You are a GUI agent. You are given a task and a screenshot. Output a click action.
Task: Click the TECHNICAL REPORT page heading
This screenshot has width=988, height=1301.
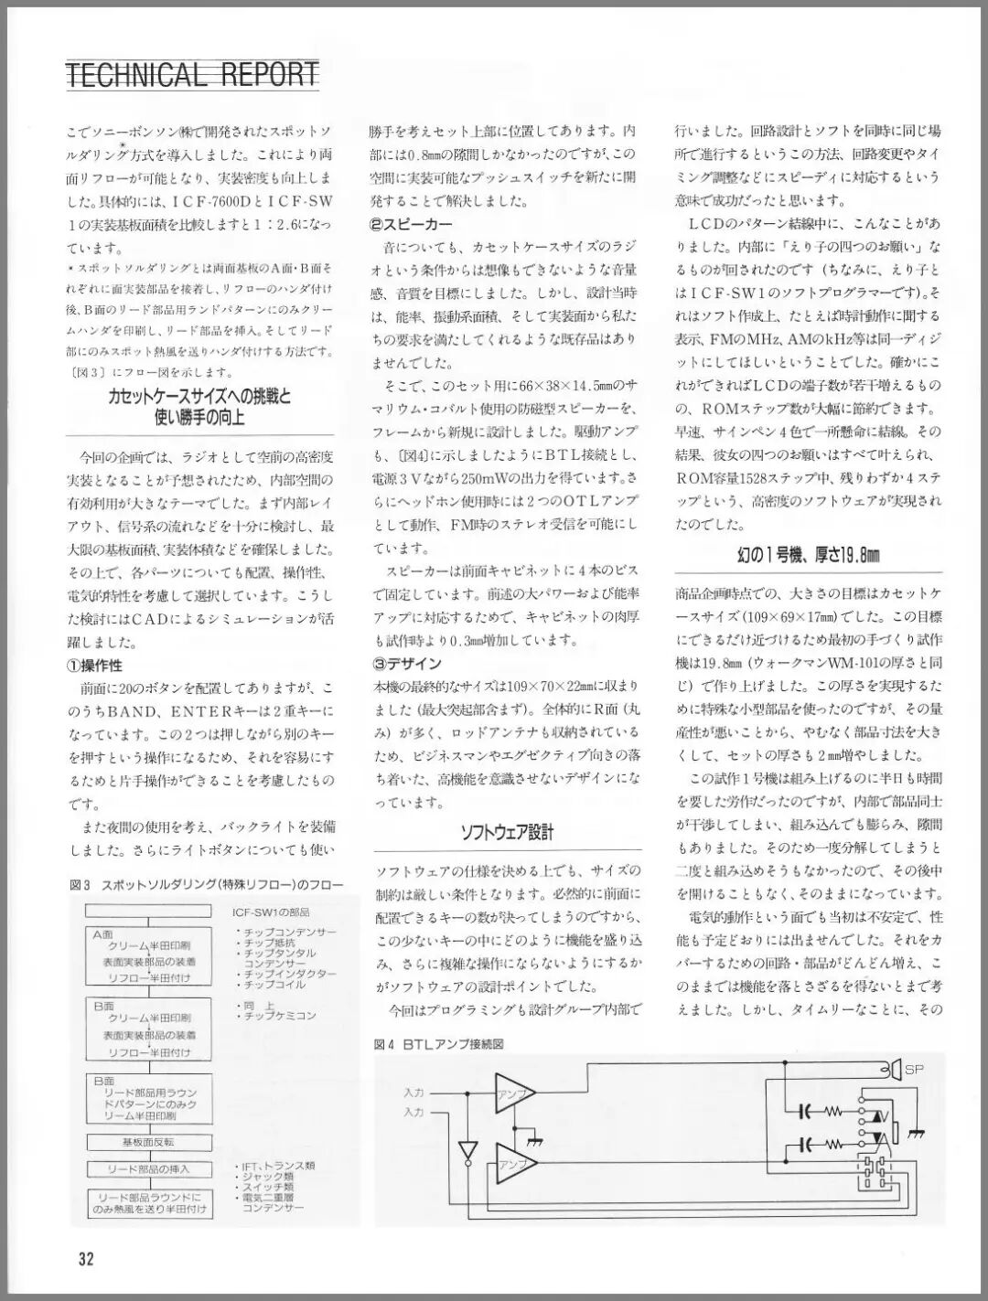(x=192, y=74)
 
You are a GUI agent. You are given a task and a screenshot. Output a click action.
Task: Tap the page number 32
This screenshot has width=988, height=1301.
(x=86, y=1259)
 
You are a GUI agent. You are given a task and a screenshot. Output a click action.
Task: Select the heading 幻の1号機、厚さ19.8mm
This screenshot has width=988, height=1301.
(x=808, y=555)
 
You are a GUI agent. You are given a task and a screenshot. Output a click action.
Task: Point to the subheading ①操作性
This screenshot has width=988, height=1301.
(x=94, y=665)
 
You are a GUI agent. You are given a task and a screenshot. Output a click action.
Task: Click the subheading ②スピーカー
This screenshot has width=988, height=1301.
(x=411, y=224)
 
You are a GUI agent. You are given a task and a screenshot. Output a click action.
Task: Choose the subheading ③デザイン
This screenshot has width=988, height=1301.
(x=407, y=663)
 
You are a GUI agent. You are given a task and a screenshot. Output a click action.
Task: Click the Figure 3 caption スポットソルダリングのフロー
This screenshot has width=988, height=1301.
(x=206, y=885)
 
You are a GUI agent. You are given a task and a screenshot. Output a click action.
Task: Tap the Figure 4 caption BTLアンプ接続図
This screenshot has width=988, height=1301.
(x=439, y=1043)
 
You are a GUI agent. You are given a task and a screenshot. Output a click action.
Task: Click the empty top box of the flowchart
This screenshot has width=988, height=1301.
(x=149, y=912)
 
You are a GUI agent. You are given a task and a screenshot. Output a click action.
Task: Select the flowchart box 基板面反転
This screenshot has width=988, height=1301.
(x=149, y=1142)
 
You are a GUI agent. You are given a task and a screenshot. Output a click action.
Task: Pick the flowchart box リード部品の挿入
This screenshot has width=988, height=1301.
(x=149, y=1169)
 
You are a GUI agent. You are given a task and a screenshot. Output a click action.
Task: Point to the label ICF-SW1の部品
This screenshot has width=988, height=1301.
(x=271, y=912)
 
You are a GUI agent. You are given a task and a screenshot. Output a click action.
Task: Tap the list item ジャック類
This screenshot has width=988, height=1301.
(x=267, y=1176)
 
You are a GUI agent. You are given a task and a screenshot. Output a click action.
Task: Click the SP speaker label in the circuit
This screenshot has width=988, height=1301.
(x=914, y=1069)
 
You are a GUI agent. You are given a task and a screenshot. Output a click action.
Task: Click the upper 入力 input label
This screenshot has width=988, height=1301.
(x=413, y=1093)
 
